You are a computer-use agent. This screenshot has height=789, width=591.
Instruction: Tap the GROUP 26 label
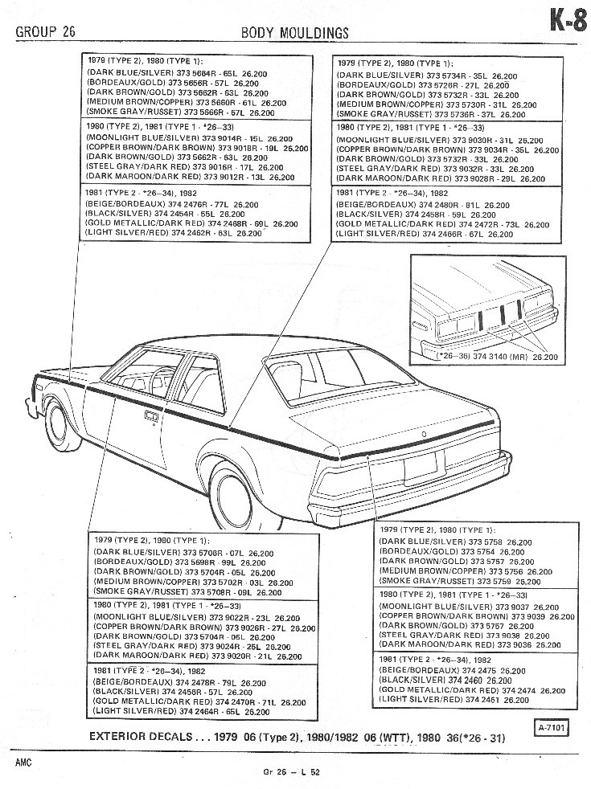coord(48,32)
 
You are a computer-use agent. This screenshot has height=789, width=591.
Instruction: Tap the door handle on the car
coord(150,415)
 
